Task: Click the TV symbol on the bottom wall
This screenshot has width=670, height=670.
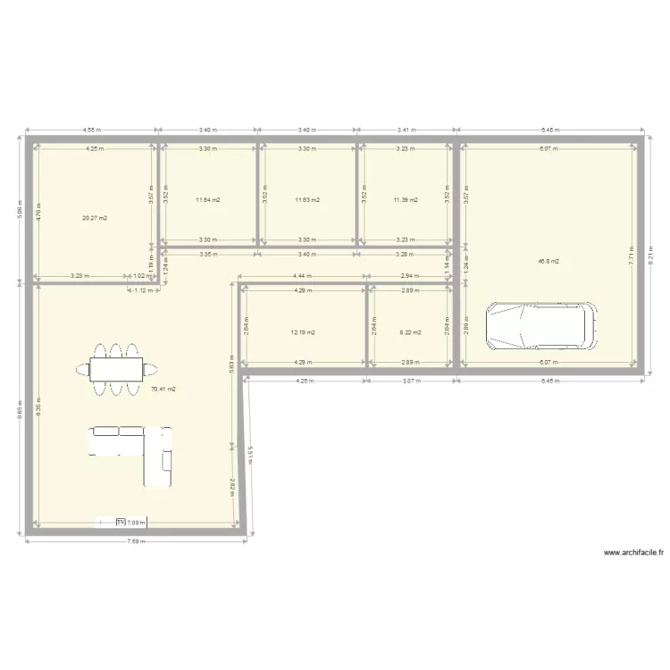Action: [120, 522]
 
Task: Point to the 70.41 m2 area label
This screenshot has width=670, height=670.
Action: [163, 389]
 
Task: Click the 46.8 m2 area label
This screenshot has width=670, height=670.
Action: [549, 262]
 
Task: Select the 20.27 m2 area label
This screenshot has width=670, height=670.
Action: [94, 218]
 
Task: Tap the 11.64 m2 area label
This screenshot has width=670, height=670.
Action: [207, 200]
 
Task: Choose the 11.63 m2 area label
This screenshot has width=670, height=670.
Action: [307, 200]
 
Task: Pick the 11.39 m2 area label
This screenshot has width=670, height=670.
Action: [406, 200]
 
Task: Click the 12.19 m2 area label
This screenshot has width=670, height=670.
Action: [303, 332]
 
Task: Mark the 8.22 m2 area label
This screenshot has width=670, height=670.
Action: [405, 332]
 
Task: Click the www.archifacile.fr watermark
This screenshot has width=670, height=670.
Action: [634, 553]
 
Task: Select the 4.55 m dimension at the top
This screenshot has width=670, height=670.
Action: [92, 130]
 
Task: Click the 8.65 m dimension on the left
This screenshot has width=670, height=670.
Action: [21, 413]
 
